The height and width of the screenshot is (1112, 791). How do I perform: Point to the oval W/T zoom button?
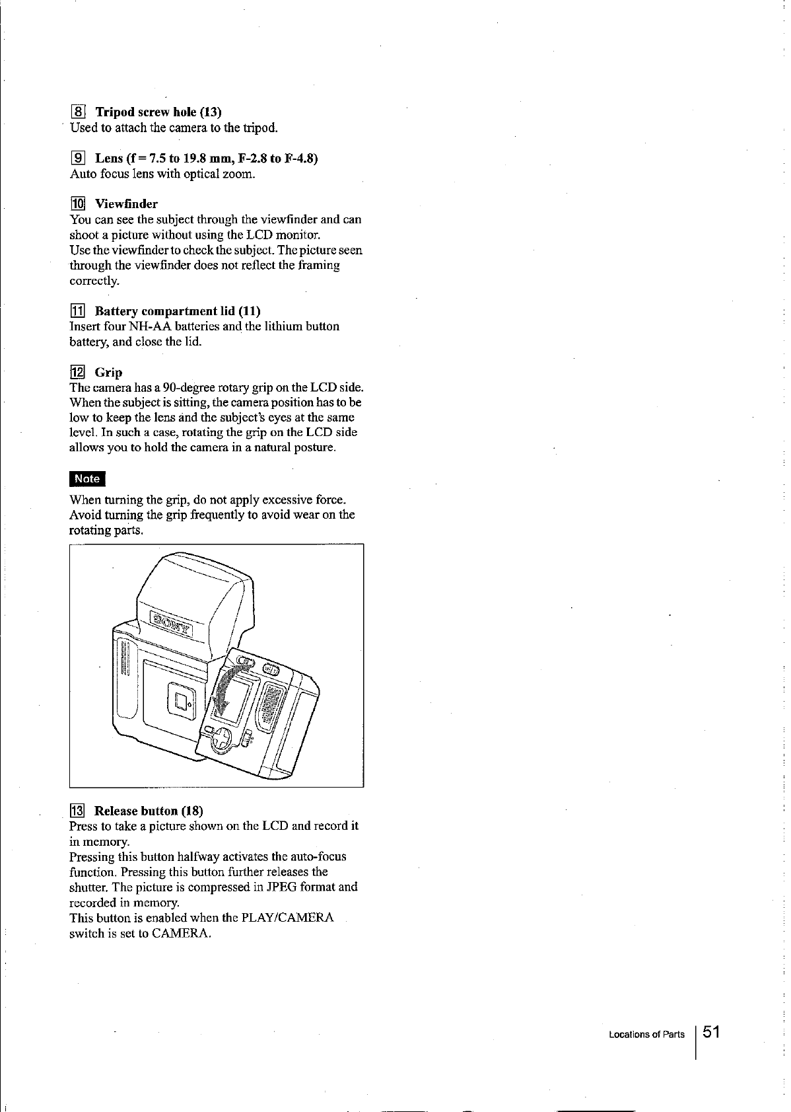click(x=271, y=670)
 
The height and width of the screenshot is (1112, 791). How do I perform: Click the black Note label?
click(x=87, y=479)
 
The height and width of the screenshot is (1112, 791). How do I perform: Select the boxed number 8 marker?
click(x=77, y=111)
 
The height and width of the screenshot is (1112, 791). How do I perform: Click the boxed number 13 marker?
click(x=77, y=811)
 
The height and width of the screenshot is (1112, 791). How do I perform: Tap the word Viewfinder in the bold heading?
click(x=126, y=204)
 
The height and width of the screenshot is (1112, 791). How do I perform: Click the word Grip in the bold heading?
click(x=108, y=372)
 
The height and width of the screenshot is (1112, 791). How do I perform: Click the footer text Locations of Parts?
click(x=646, y=1035)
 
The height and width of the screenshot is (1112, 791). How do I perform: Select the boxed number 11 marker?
click(x=77, y=311)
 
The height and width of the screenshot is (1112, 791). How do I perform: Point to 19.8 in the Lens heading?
click(x=198, y=159)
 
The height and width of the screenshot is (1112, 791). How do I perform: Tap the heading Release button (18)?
click(x=149, y=811)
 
